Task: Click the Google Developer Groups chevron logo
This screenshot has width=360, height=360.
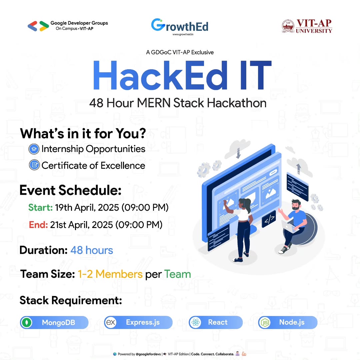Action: tap(38, 26)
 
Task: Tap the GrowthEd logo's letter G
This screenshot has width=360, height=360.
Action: tap(158, 25)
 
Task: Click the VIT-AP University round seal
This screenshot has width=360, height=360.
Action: tap(288, 26)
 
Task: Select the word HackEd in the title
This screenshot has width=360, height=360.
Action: tap(160, 75)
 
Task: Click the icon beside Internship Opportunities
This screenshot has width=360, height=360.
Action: tap(34, 149)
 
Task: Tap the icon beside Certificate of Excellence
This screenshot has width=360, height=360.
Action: tap(34, 165)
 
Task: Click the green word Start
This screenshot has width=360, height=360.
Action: tap(40, 208)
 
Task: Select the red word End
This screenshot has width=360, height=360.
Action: tap(38, 225)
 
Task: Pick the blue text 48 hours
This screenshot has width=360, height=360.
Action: tap(92, 250)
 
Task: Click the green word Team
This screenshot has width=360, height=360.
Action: tap(177, 274)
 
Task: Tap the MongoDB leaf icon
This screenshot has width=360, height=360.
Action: tap(27, 323)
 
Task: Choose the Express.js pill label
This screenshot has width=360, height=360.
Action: tap(143, 322)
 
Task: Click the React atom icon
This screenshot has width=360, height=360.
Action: tap(195, 322)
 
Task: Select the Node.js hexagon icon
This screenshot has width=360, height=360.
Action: tap(265, 323)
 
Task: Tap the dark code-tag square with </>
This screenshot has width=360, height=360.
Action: tap(269, 219)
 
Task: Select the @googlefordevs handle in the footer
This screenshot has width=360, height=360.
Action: tap(148, 354)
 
